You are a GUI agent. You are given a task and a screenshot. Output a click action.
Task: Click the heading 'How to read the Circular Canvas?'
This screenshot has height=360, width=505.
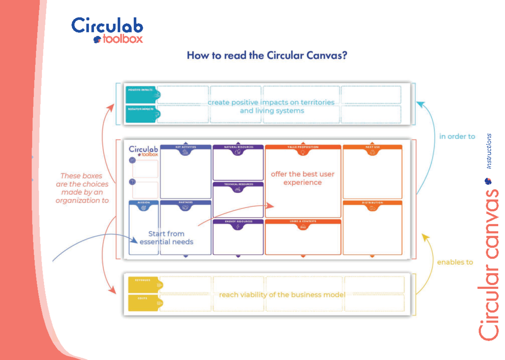267,55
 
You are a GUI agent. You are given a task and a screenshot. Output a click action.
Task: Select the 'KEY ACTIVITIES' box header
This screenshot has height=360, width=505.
186,147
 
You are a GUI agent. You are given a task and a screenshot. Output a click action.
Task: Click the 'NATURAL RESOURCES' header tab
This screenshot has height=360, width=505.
238,147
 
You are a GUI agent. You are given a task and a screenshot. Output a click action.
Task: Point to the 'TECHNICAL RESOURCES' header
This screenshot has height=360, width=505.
238,184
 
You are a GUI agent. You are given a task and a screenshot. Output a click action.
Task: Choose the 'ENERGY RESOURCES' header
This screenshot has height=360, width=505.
238,221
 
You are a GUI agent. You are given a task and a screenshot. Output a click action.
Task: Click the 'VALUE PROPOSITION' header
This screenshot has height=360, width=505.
303,147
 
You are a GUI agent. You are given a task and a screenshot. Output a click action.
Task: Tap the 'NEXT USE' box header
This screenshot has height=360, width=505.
372,147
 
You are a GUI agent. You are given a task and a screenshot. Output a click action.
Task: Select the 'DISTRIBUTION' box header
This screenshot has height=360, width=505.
372,203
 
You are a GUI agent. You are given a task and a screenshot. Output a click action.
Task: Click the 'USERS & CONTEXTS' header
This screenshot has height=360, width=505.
303,221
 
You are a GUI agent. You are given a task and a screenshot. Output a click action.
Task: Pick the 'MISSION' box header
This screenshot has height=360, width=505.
144,203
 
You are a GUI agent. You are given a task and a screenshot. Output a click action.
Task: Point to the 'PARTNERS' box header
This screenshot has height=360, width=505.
186,203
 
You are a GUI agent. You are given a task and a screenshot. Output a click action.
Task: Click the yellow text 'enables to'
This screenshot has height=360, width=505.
455,262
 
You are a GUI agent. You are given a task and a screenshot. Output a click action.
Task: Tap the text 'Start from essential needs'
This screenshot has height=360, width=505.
166,237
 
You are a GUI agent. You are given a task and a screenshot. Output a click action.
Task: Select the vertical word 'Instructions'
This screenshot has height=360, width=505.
489,151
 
